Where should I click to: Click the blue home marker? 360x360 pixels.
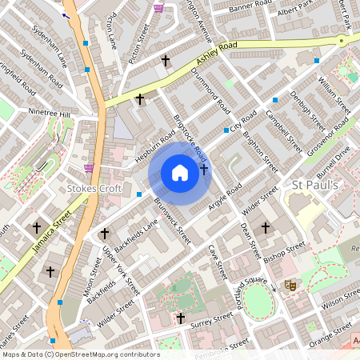point(180,173)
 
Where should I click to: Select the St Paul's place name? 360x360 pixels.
point(315,186)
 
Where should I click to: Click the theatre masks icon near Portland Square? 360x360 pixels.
point(290,285)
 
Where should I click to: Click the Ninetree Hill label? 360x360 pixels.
point(49,114)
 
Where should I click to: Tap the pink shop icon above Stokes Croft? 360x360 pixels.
point(89,168)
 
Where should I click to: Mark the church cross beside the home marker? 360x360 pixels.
point(204,169)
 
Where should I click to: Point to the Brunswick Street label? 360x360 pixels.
point(173,222)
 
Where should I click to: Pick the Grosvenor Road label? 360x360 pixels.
point(327,135)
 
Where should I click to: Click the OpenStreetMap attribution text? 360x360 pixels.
point(80,354)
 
